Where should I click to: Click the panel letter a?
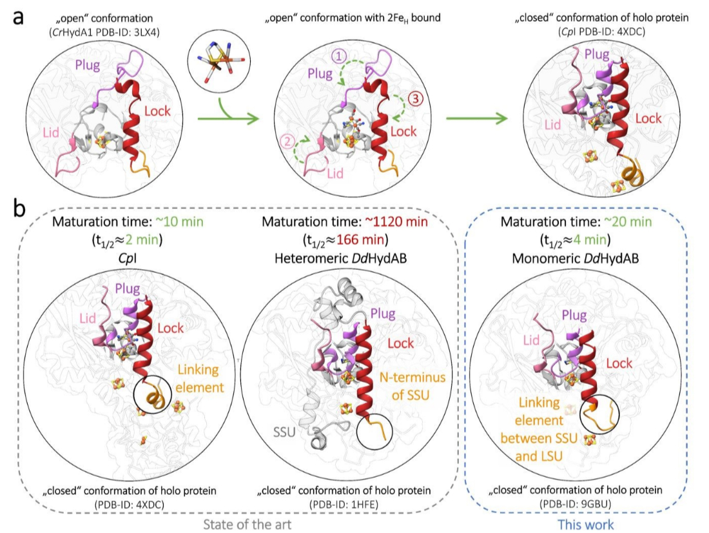pyautogui.click(x=19, y=17)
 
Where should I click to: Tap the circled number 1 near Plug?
pyautogui.click(x=340, y=56)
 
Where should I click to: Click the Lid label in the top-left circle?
pyautogui.click(x=54, y=132)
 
